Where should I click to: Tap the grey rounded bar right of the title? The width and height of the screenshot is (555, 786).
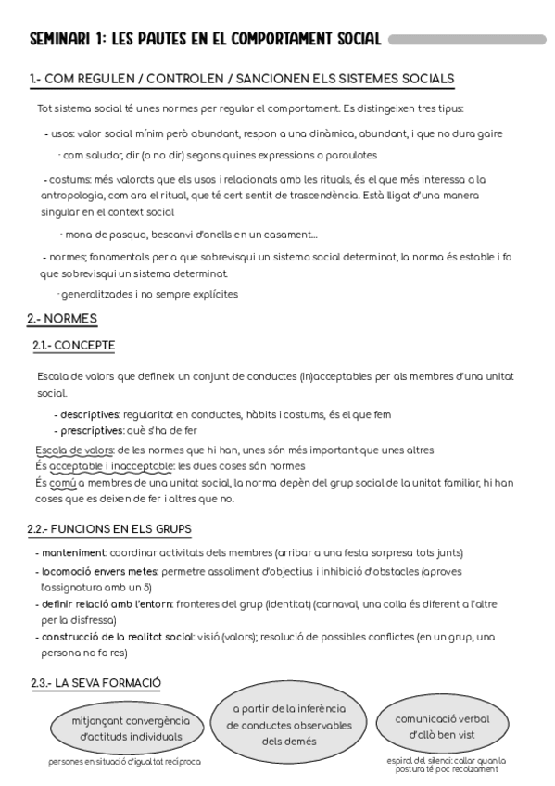pos(467,40)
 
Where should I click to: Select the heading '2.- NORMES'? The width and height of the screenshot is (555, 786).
pos(62,319)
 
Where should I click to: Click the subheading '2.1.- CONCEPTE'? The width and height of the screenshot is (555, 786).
pos(73,346)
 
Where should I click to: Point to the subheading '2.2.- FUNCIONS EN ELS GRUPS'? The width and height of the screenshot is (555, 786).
pos(109,529)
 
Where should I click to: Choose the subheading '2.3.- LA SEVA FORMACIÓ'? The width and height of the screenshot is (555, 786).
pos(95,683)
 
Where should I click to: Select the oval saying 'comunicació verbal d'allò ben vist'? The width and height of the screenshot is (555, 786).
pos(442,725)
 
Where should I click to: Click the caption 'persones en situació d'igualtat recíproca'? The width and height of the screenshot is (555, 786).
pos(124,762)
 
